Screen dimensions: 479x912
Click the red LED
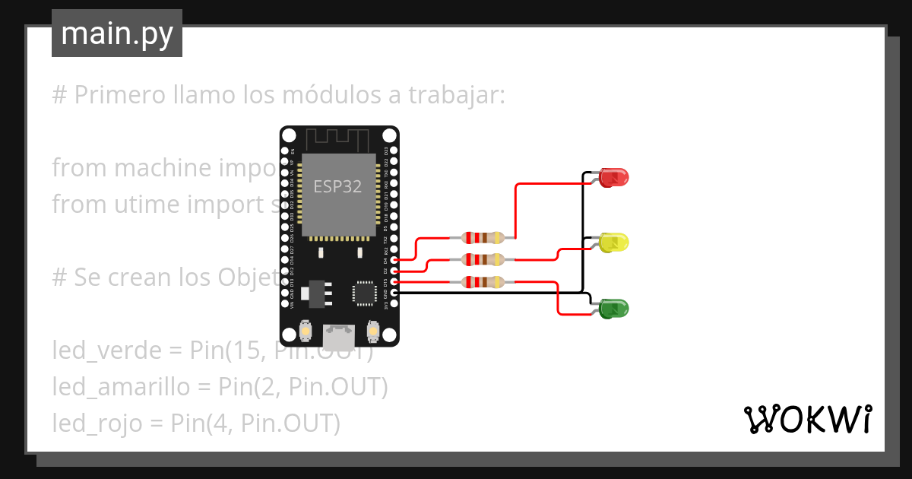[x=614, y=178]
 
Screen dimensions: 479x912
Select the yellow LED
[x=614, y=243]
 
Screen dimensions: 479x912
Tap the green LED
[x=614, y=309]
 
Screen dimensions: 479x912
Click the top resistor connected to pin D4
[x=483, y=238]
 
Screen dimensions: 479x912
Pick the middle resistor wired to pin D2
[x=483, y=260]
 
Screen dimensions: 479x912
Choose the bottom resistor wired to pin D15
[x=483, y=282]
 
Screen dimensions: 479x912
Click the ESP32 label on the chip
[x=338, y=186]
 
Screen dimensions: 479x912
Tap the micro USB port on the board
[x=338, y=334]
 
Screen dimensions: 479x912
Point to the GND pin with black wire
[x=394, y=293]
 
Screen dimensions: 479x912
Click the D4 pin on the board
[x=394, y=260]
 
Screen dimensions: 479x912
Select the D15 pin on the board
[x=394, y=282]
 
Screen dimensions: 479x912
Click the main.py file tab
[x=116, y=33]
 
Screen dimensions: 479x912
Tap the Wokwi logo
[x=806, y=419]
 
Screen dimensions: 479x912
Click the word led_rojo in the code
[x=97, y=423]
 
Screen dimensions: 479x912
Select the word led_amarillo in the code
[x=121, y=387]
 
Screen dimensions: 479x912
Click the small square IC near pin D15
[x=364, y=293]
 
